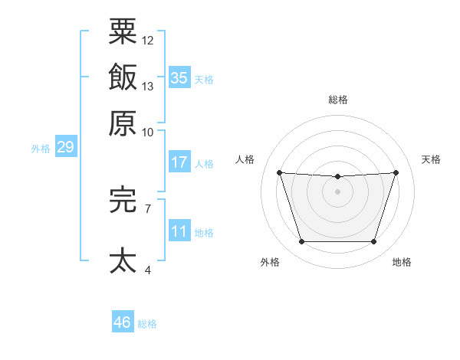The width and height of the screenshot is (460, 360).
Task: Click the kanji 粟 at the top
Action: click(123, 31)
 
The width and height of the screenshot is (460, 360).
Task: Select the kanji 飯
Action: click(123, 77)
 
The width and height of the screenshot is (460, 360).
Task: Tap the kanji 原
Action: click(123, 123)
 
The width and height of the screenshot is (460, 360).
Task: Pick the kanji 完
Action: click(123, 199)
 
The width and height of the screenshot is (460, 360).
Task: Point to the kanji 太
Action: click(123, 260)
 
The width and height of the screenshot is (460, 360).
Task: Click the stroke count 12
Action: click(147, 41)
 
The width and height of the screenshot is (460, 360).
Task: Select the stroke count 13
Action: click(147, 87)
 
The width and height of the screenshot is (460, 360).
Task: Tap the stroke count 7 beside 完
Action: click(148, 209)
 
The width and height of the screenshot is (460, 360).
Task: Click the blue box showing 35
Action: click(179, 77)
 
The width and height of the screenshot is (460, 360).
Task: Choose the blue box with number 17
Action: click(179, 162)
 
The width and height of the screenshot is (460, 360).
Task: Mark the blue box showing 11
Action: click(179, 231)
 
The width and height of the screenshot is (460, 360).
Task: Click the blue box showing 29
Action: click(66, 146)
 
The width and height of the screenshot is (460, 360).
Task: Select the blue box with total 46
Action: click(123, 321)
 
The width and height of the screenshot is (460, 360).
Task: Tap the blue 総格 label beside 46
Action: click(147, 324)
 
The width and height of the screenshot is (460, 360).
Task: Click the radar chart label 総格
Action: click(338, 100)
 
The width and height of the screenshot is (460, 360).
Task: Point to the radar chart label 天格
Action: click(431, 159)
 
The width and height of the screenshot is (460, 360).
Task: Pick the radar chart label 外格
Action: click(270, 262)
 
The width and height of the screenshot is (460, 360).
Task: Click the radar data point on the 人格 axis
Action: click(280, 172)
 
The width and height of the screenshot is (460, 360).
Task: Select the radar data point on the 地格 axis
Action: click(373, 241)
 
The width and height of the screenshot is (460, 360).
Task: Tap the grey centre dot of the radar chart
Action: click(337, 191)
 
